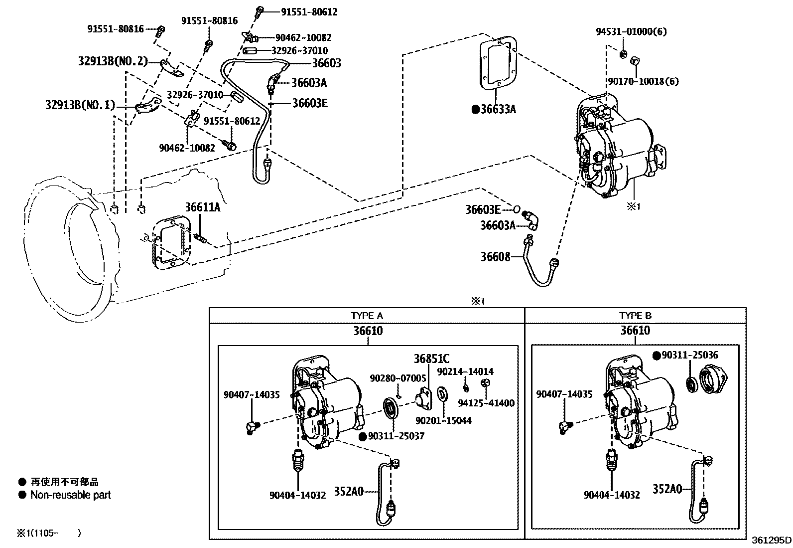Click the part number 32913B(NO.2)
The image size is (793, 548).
[x=113, y=61]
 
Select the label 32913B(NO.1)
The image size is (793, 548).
[x=80, y=105]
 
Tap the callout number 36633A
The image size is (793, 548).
[x=498, y=109]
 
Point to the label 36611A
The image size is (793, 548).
[x=203, y=207]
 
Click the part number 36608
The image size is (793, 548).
[x=495, y=257]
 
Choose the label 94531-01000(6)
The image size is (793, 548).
[x=631, y=31]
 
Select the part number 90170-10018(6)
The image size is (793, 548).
[x=643, y=81]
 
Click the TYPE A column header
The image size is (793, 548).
[x=367, y=316]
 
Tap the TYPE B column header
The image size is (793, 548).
[x=635, y=316]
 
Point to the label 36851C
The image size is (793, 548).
[x=431, y=359]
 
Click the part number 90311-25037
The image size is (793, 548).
[x=396, y=436]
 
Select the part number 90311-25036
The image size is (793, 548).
[x=689, y=355]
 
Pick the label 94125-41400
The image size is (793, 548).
[x=486, y=403]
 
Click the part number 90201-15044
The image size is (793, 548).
[x=444, y=421]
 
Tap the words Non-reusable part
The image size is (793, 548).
[x=70, y=495]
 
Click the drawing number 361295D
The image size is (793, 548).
[x=771, y=540]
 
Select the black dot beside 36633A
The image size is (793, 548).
[x=475, y=110]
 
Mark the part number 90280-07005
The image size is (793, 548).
[x=398, y=378]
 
